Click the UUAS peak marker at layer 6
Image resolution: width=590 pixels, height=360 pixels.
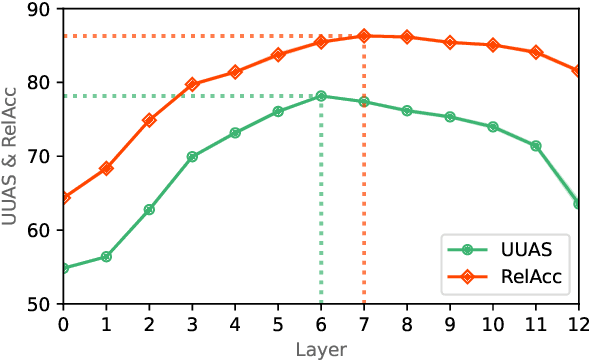click(x=321, y=96)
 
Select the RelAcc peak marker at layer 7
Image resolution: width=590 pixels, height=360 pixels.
click(x=364, y=36)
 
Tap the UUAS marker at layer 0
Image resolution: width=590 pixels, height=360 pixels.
click(x=64, y=268)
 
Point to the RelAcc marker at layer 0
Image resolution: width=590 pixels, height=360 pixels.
click(x=64, y=197)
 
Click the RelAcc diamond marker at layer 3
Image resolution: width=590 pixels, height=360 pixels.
click(x=192, y=84)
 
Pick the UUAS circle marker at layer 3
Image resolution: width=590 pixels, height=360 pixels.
click(x=192, y=157)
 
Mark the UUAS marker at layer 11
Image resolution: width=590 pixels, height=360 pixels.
click(x=536, y=146)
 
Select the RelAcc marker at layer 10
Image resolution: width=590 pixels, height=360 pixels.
click(x=493, y=45)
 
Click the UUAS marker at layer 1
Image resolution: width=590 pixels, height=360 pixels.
click(x=106, y=257)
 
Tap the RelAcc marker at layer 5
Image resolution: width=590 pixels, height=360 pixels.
click(x=278, y=54)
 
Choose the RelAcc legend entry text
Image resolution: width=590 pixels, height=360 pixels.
click(x=531, y=283)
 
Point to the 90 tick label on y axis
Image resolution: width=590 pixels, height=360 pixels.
click(x=39, y=9)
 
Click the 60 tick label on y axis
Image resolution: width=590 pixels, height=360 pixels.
click(x=39, y=230)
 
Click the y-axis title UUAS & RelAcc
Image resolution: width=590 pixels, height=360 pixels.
click(x=12, y=155)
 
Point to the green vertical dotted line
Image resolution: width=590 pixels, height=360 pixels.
click(x=321, y=200)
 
